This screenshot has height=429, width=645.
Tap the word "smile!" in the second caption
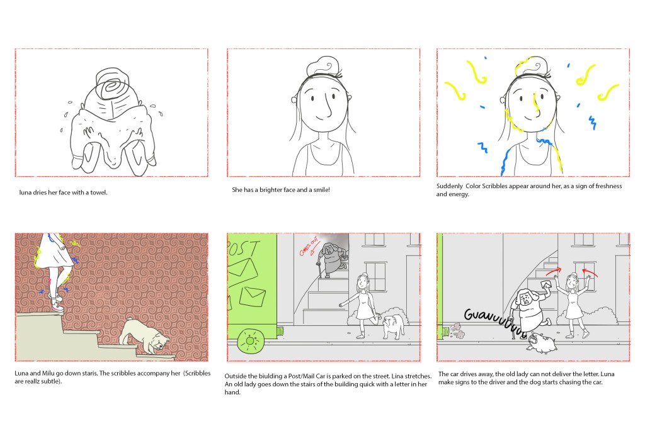tap(321, 190)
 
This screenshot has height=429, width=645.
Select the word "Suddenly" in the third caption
tap(450, 186)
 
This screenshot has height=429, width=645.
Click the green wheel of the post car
tap(251, 341)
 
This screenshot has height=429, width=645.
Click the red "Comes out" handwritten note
tap(309, 247)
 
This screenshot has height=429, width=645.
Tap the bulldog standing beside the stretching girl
tap(393, 326)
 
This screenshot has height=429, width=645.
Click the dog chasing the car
tap(542, 343)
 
